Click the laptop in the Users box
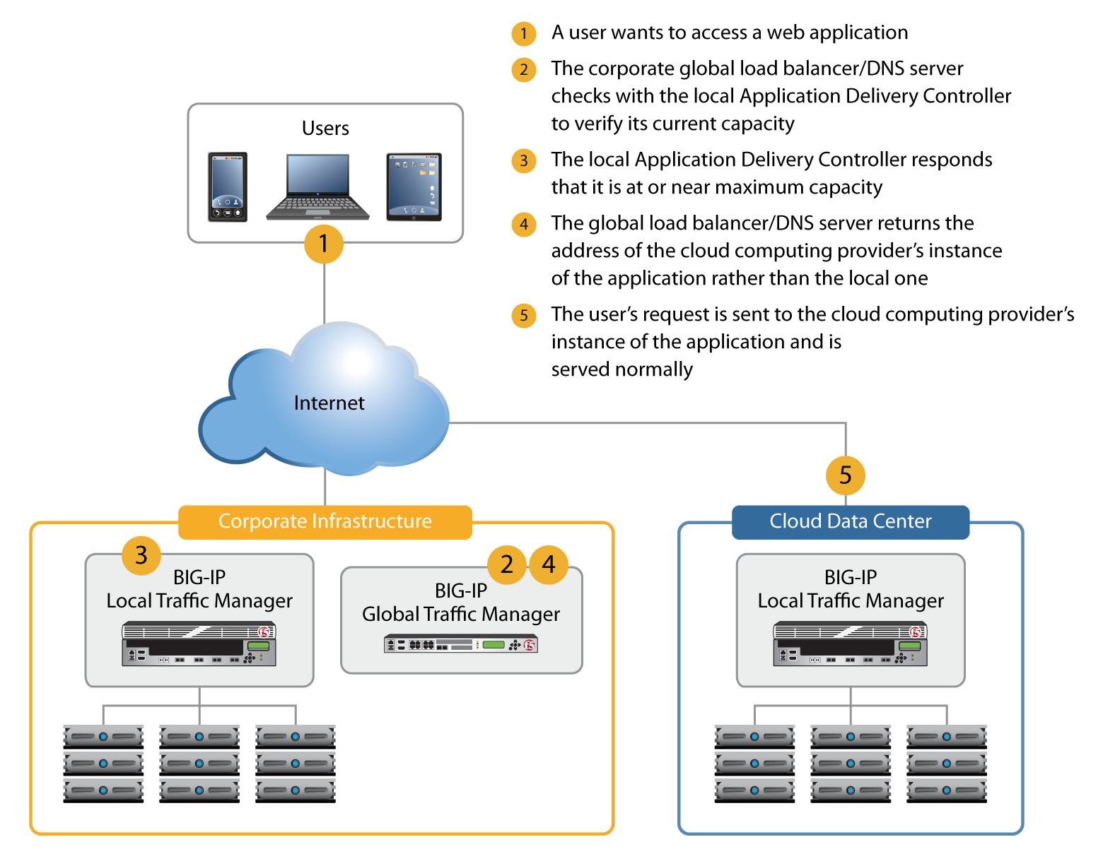point(317,186)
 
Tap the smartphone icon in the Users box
point(228,186)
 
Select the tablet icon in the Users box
point(414,186)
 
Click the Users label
point(325,129)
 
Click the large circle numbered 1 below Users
point(323,244)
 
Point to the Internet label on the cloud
point(329,403)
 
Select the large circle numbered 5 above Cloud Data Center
point(845,475)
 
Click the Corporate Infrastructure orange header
point(325,522)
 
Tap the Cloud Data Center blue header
point(850,522)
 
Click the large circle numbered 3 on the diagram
point(141,555)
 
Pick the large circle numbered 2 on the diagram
point(506,564)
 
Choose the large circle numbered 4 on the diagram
point(549,564)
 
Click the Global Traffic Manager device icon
point(460,644)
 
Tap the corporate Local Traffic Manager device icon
point(199,644)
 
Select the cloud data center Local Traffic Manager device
point(850,644)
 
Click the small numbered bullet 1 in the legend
point(524,34)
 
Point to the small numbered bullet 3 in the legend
point(524,161)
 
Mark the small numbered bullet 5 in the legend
point(524,316)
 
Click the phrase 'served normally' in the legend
point(621,369)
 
